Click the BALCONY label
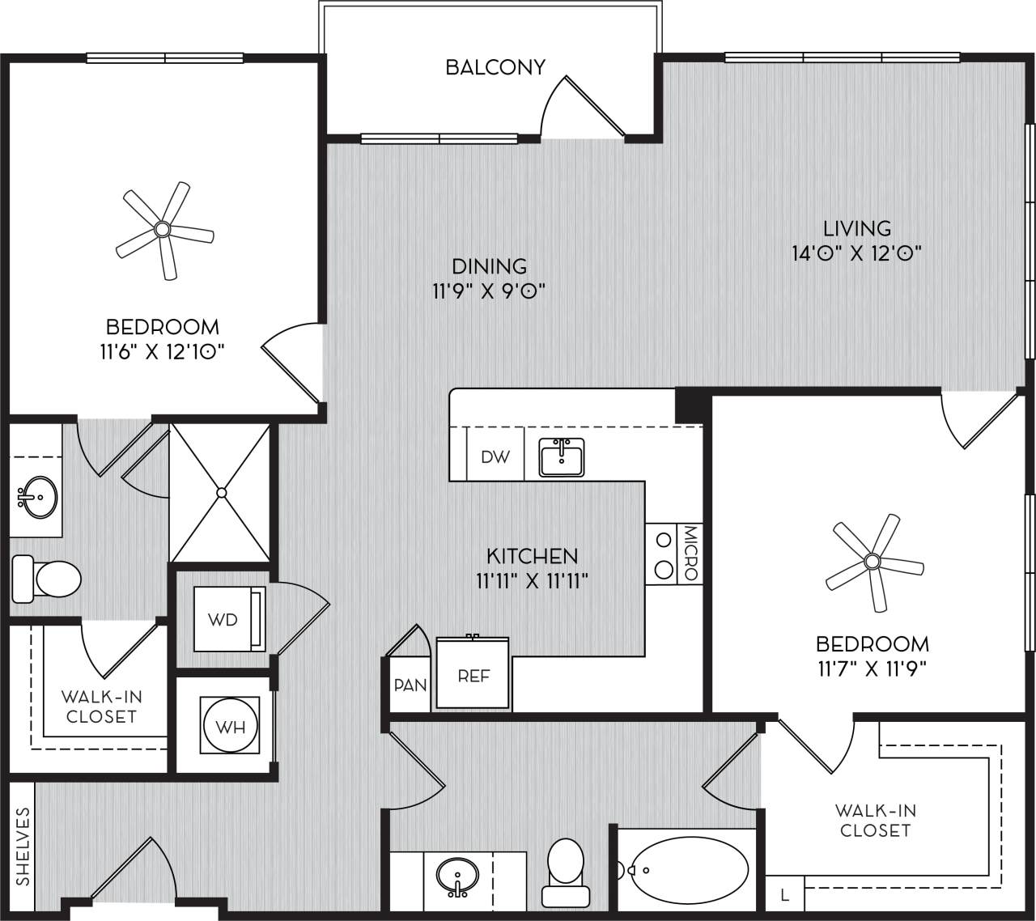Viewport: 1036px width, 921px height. (495, 66)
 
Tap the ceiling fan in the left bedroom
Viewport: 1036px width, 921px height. (163, 230)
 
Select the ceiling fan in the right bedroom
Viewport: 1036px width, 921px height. (873, 561)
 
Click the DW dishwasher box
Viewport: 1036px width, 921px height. (495, 457)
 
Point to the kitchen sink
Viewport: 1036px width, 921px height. (562, 459)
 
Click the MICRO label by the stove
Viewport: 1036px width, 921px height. (690, 554)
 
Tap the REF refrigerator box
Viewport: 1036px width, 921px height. (473, 674)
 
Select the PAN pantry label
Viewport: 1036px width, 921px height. (410, 685)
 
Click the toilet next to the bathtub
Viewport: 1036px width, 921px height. (565, 870)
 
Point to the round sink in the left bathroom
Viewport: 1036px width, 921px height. (37, 496)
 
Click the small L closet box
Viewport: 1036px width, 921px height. (784, 895)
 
